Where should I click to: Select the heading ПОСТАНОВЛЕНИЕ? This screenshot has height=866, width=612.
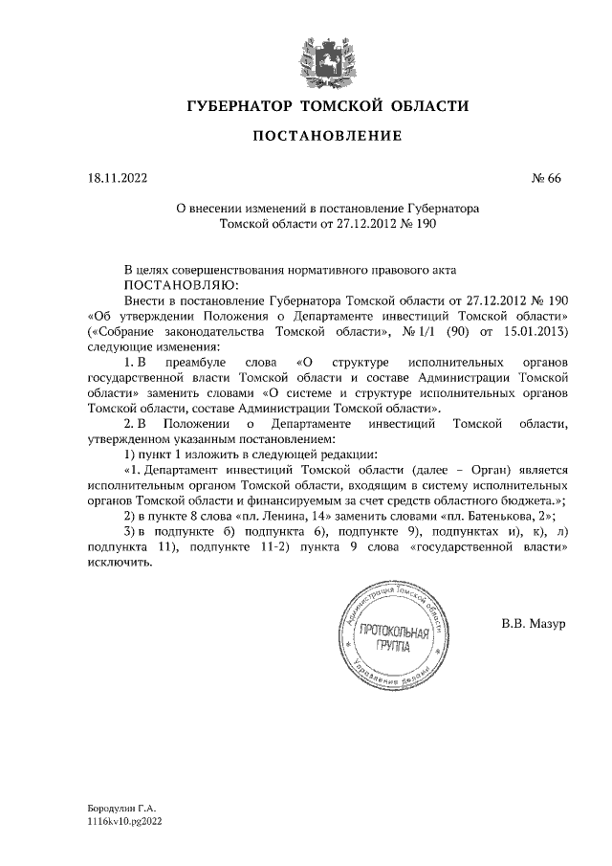tap(326, 138)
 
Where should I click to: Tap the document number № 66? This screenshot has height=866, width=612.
tap(545, 177)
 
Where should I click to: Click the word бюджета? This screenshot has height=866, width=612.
tap(527, 501)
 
